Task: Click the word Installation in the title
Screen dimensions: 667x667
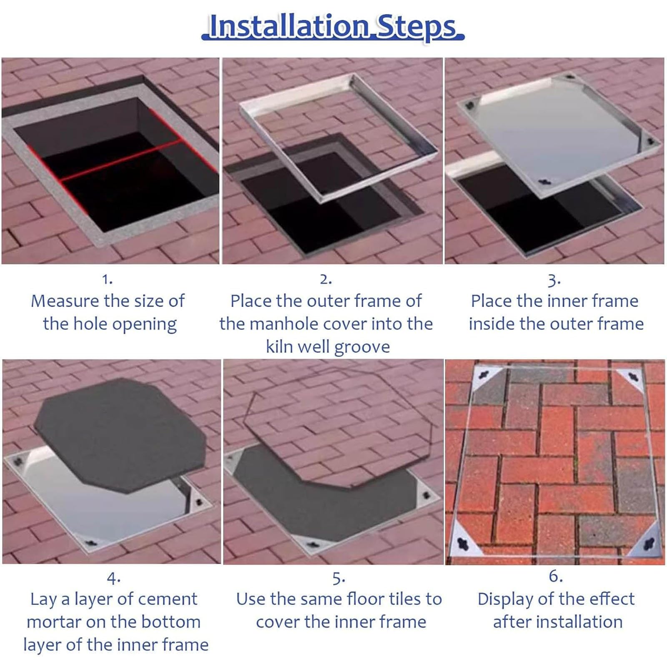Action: (289, 26)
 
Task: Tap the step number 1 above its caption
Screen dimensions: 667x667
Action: (108, 279)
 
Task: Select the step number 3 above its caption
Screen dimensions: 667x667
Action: (554, 280)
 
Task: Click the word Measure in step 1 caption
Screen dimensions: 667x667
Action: (65, 301)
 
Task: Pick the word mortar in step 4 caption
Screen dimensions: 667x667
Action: (55, 622)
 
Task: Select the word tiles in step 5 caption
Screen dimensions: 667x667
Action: (401, 599)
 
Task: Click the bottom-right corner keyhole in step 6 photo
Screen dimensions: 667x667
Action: (649, 544)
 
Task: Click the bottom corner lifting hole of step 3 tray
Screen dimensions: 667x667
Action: (545, 182)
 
